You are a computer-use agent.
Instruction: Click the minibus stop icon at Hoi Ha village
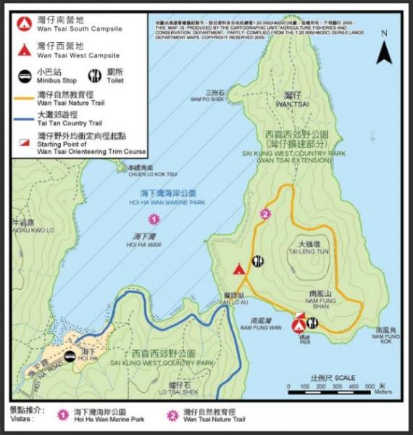click(x=70, y=357)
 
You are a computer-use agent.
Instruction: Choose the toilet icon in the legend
click(x=94, y=75)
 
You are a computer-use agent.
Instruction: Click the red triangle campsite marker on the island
click(x=239, y=269)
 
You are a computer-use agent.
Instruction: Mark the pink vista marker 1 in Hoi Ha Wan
click(x=153, y=218)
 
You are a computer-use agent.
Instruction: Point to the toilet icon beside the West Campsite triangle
click(x=257, y=261)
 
